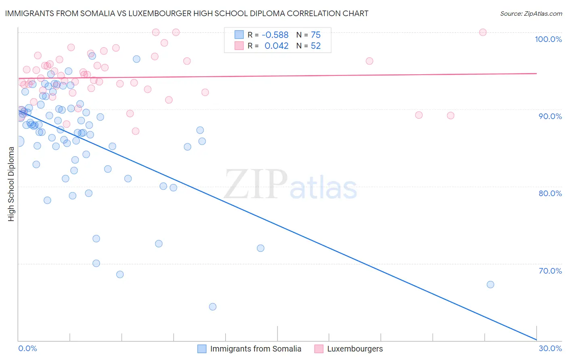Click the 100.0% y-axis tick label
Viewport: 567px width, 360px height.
548,39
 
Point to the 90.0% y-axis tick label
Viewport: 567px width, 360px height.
550,116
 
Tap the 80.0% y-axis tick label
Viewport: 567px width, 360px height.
550,193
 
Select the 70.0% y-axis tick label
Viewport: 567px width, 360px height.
550,271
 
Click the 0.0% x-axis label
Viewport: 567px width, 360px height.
27,348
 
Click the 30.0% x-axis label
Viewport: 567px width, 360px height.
550,348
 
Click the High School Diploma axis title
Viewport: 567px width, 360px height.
11,184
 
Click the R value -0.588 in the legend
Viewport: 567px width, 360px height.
275,35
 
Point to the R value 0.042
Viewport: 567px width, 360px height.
276,46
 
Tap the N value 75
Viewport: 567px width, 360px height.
316,35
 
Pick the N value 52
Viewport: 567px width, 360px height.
316,46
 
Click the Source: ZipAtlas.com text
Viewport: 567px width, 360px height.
531,14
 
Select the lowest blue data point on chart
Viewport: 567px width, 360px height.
213,307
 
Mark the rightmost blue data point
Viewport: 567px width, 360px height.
490,285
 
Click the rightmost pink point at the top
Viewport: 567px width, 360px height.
483,32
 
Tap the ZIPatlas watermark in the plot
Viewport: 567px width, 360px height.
290,185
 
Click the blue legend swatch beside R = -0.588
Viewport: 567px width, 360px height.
239,35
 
